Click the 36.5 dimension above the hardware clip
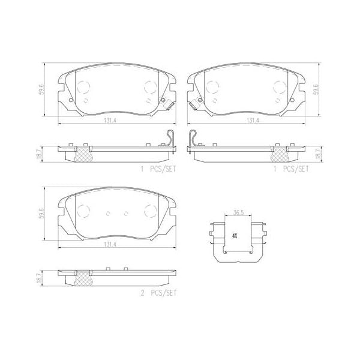tap(238, 212)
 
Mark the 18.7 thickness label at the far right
tap(318, 154)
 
